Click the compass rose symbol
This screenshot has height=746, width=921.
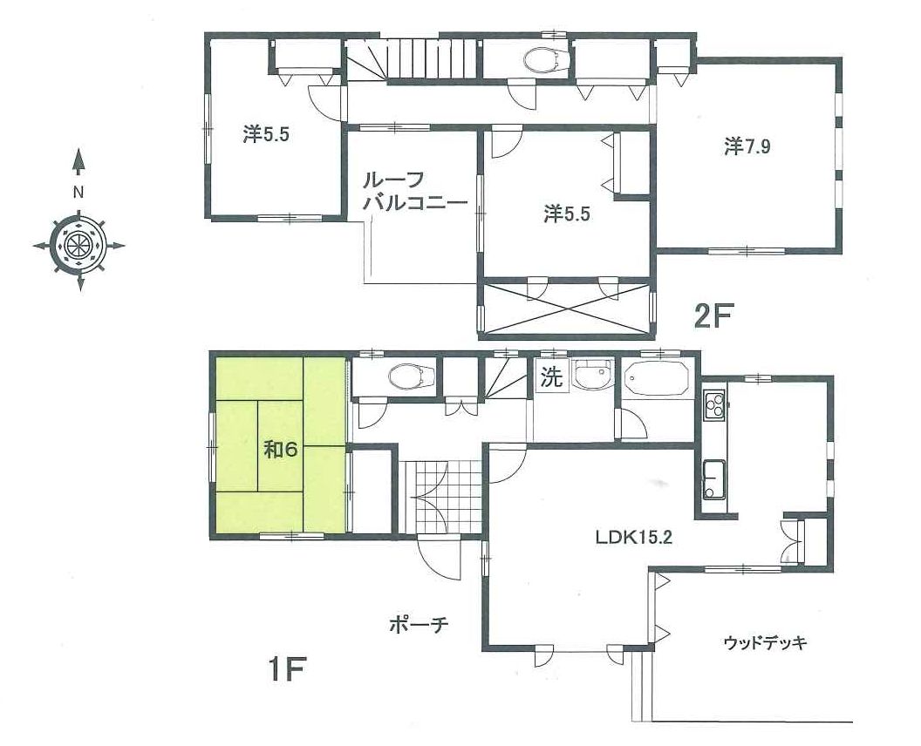78,246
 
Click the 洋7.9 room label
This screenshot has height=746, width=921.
747,146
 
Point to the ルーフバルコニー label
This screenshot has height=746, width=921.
414,192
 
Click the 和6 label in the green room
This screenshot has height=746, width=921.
281,451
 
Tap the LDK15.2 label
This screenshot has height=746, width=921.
633,537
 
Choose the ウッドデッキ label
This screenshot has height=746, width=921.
765,642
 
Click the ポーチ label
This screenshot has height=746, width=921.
419,625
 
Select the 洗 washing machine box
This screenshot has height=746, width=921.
551,376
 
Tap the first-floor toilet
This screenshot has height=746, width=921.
413,376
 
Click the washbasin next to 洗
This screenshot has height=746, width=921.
591,375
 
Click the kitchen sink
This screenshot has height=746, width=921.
714,479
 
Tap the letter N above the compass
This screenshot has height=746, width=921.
78,192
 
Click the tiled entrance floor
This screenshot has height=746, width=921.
442,497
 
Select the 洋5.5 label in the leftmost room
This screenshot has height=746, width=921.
266,136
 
